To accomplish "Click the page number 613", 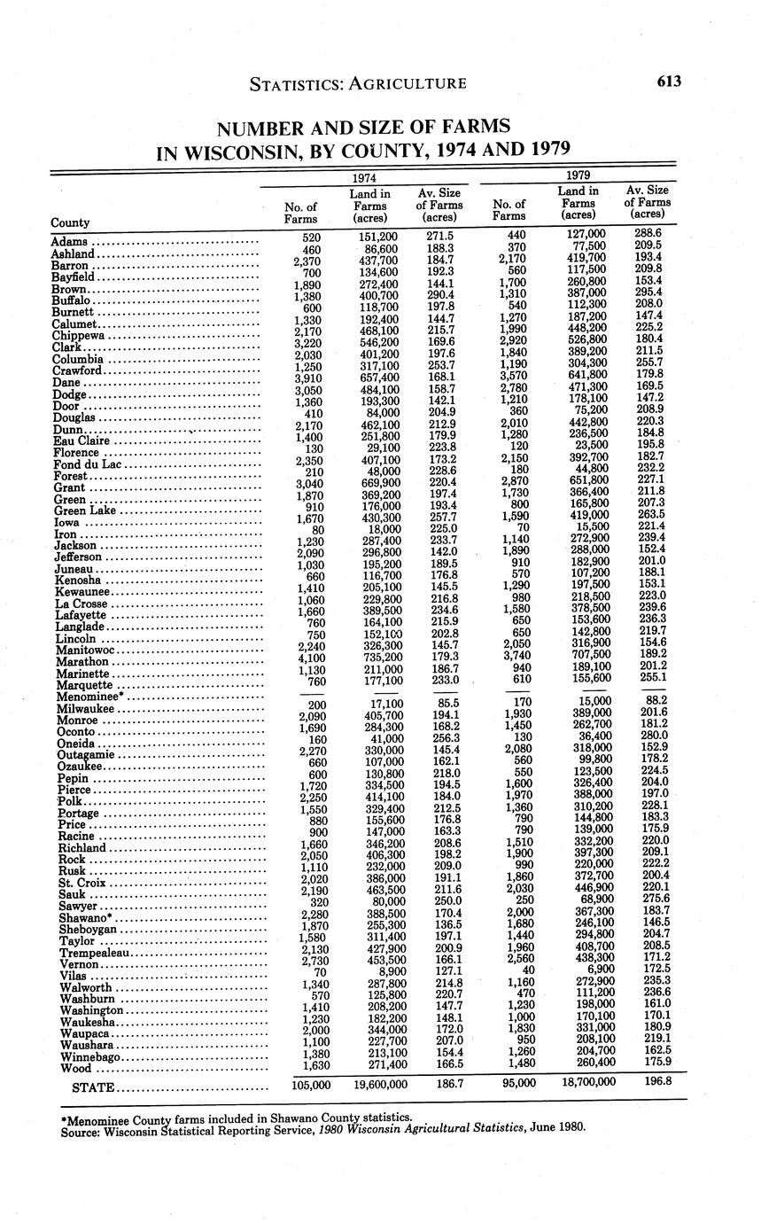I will click(x=669, y=82).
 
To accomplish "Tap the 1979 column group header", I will click(x=579, y=175).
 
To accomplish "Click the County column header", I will click(x=70, y=222).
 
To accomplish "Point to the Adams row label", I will click(x=69, y=242).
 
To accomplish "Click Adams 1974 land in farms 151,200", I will click(x=377, y=237).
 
